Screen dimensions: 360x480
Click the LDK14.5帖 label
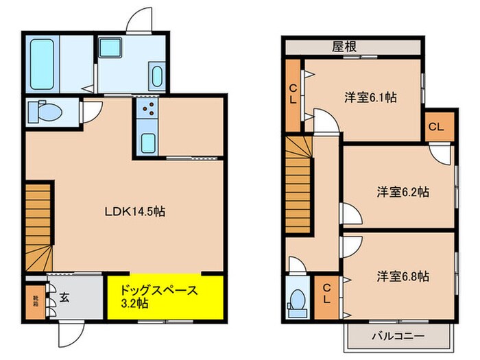coord(134,212)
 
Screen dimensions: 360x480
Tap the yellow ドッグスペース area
coord(165,296)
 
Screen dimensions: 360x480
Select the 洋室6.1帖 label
coord(370,97)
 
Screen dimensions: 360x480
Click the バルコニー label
coord(397,336)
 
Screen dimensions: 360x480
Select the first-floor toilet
coord(45,110)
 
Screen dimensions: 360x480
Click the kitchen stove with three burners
coord(146,112)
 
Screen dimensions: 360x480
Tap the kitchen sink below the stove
coord(147,143)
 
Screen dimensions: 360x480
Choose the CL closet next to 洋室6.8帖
coord(326,297)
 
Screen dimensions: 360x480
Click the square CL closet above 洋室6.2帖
coord(436,127)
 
